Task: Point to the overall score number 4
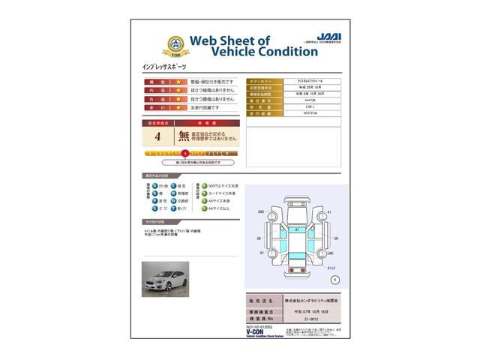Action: coord(157,136)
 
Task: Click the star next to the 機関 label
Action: coord(177,81)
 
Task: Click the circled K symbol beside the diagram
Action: coord(334,279)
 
